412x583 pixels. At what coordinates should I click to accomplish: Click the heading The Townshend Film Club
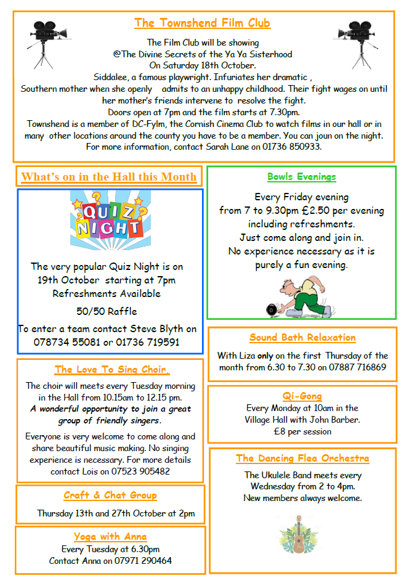(x=202, y=23)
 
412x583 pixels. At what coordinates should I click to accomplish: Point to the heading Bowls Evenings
(x=301, y=177)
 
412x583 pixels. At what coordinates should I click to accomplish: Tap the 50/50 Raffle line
(x=107, y=311)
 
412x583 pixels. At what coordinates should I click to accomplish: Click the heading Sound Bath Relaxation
(x=302, y=338)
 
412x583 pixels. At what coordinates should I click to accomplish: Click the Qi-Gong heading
(x=302, y=396)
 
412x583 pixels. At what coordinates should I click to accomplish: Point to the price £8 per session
(x=302, y=431)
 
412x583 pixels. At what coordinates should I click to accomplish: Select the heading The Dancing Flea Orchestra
(x=302, y=458)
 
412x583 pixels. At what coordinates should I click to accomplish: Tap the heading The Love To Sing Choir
(x=111, y=370)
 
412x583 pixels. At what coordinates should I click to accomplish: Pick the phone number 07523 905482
(x=140, y=471)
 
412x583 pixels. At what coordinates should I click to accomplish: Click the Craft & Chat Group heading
(x=110, y=495)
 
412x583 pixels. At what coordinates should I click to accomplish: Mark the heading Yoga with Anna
(x=110, y=536)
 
